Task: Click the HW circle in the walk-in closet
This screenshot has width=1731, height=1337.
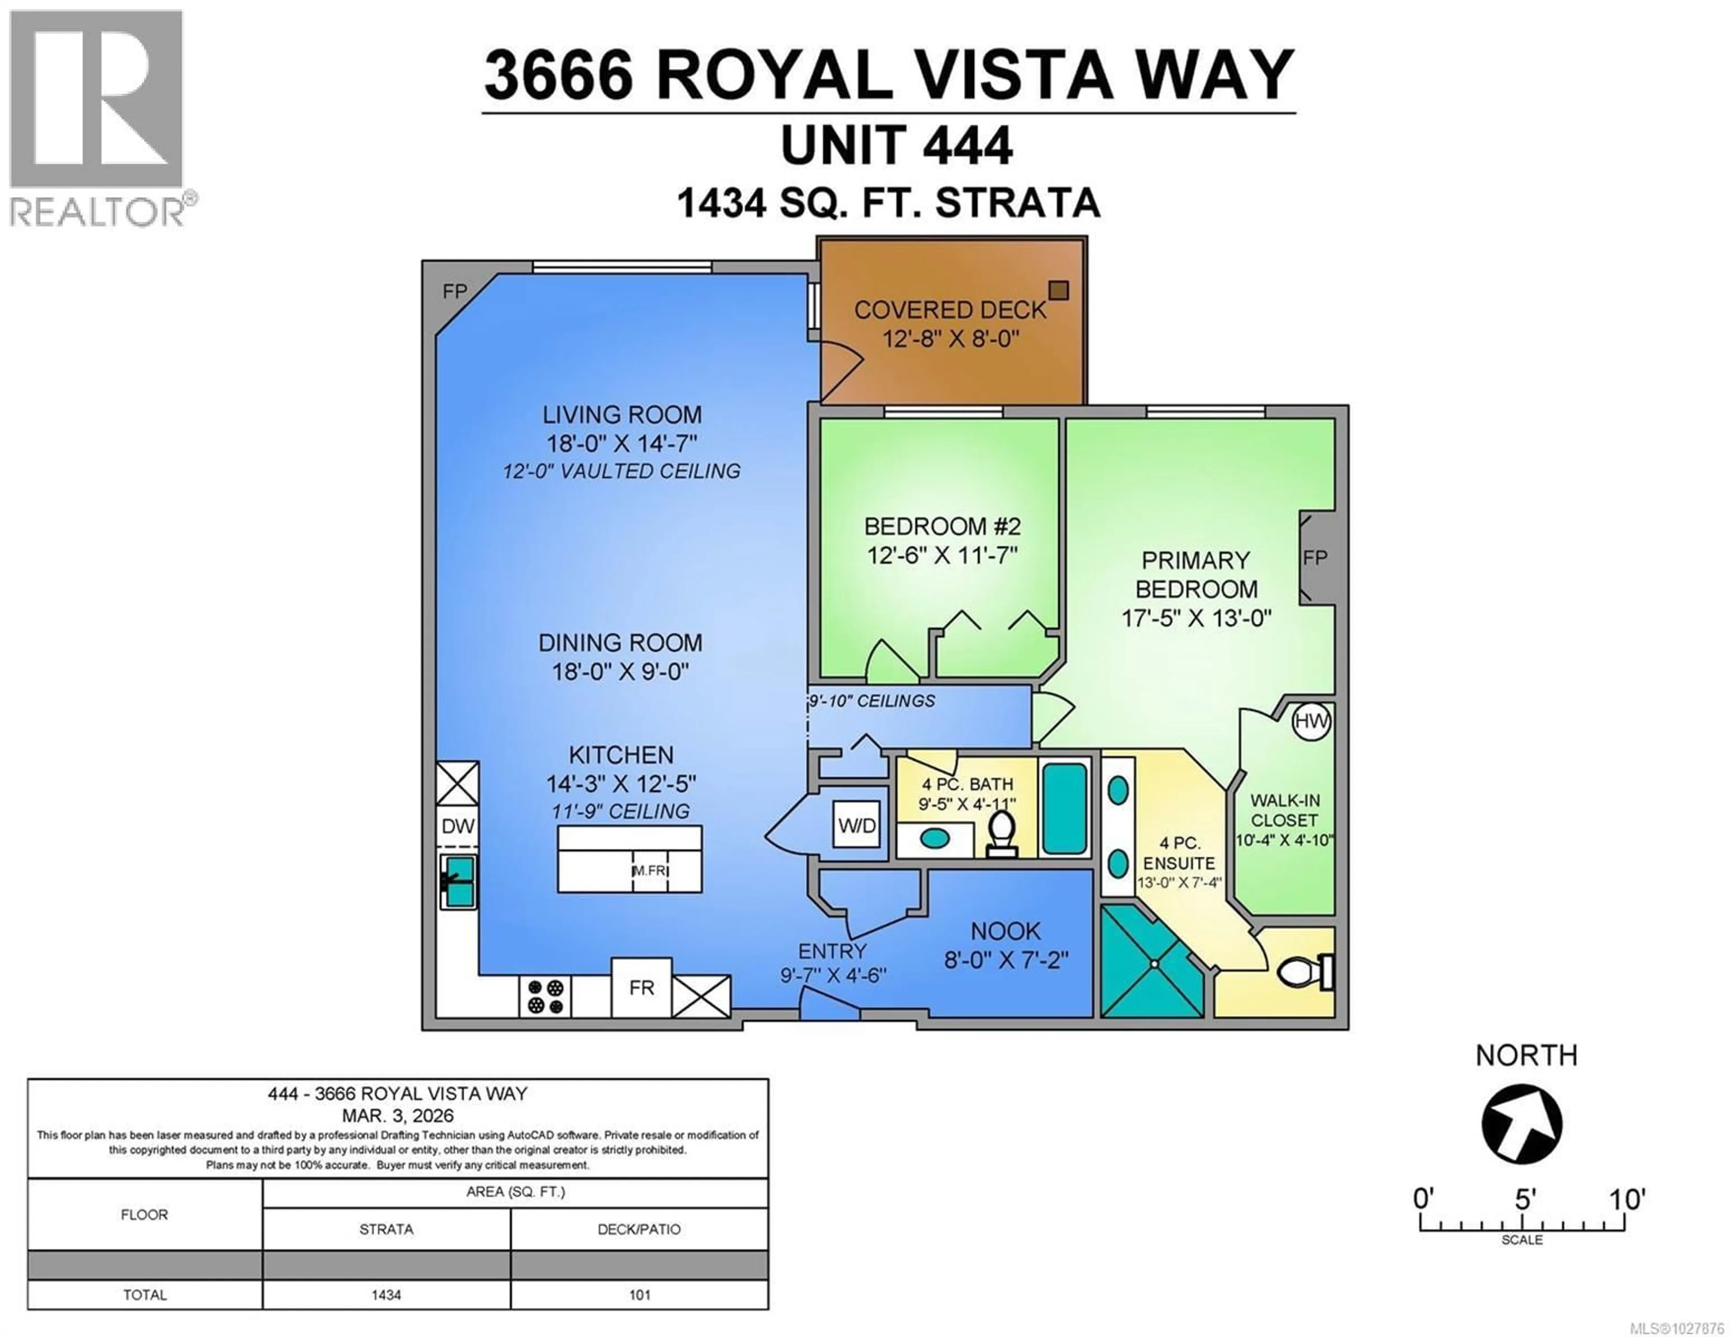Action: point(1311,721)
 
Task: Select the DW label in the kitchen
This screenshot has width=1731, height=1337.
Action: point(458,826)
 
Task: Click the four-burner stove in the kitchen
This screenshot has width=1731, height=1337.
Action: point(545,997)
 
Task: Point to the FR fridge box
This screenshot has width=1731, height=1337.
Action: point(641,987)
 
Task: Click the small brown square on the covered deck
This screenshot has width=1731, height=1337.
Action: point(1058,290)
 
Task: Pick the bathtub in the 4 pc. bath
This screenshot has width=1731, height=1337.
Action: point(1064,808)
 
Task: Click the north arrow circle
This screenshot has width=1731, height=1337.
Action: point(1521,1124)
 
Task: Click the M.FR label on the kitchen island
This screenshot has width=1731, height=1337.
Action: point(649,870)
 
